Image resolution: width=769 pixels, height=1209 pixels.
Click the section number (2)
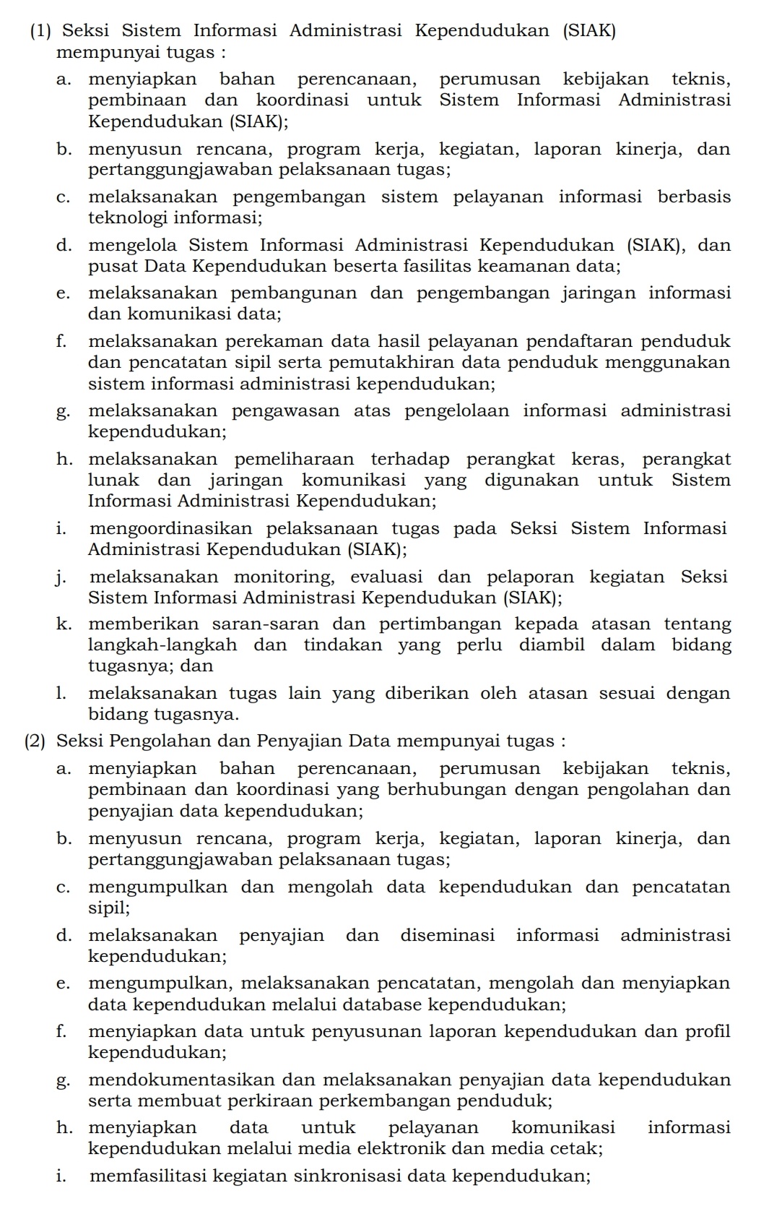(x=35, y=741)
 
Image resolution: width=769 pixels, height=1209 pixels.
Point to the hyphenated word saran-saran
(x=265, y=624)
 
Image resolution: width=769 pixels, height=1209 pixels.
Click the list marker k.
(x=62, y=624)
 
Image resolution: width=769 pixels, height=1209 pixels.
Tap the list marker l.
(x=60, y=694)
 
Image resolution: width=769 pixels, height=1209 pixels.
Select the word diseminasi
(x=448, y=936)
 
